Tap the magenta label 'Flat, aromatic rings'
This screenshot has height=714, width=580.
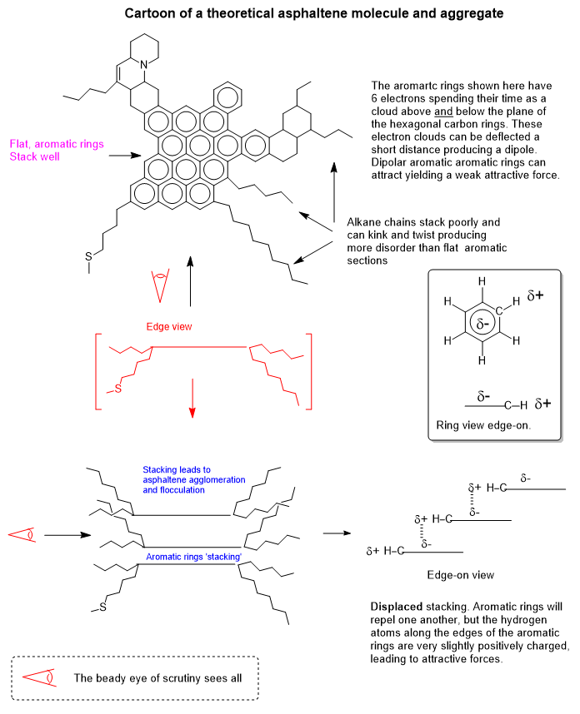[x=57, y=143]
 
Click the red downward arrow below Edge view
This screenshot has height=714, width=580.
[x=192, y=398]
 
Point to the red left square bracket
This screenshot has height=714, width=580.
[x=100, y=370]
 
